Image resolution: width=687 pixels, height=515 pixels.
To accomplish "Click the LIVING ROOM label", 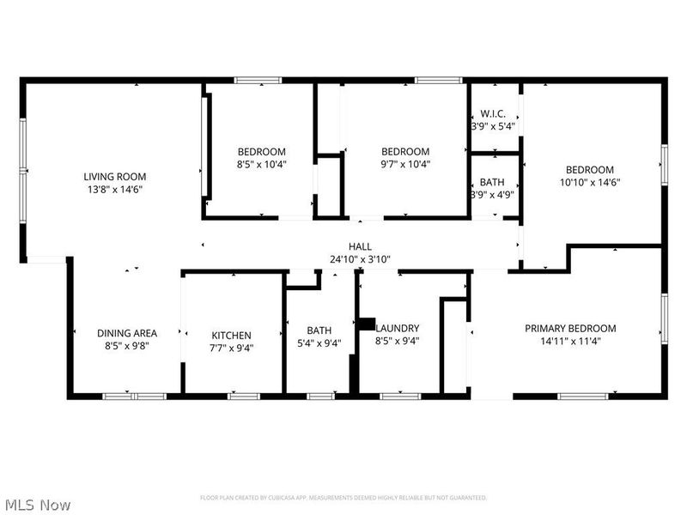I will [x=114, y=176].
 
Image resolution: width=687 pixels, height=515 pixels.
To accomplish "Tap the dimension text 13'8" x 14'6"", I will [x=114, y=189].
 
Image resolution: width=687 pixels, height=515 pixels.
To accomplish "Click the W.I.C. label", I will [x=493, y=113].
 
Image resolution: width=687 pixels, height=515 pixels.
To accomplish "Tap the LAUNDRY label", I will [x=398, y=328].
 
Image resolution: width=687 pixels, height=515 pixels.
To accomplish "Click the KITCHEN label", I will [x=232, y=336].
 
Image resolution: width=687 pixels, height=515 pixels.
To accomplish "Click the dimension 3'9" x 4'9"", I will [x=493, y=195].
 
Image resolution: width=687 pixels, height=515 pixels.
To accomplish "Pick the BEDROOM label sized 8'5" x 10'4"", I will [x=261, y=152].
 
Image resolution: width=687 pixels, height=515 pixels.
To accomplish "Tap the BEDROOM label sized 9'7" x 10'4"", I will [x=405, y=152].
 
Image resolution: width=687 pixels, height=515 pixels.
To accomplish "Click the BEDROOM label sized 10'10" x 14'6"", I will [x=590, y=170].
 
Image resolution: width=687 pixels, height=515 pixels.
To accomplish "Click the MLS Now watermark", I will [x=38, y=506].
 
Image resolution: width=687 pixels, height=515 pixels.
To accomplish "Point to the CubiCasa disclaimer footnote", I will [x=343, y=498].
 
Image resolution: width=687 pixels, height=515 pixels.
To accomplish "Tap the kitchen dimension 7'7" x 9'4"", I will [x=232, y=348].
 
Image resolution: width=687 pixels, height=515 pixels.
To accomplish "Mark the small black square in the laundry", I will [x=366, y=324].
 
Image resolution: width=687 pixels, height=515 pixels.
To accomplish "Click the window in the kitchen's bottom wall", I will [x=243, y=396].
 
